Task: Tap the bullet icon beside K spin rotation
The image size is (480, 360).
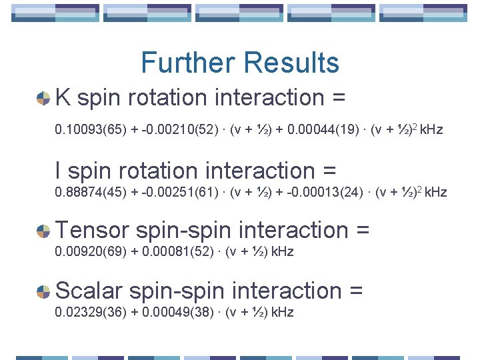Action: click(x=43, y=99)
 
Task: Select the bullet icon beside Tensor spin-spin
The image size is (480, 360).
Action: click(x=43, y=231)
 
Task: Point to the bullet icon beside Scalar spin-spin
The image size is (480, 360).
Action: click(x=43, y=292)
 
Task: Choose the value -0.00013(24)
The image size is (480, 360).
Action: click(x=325, y=193)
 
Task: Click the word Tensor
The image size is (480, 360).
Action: click(x=93, y=230)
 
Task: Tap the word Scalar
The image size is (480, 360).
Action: click(x=89, y=291)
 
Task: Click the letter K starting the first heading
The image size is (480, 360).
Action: click(x=64, y=97)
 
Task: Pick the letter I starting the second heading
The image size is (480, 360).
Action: click(x=59, y=171)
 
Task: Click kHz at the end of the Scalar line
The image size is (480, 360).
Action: click(x=282, y=312)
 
